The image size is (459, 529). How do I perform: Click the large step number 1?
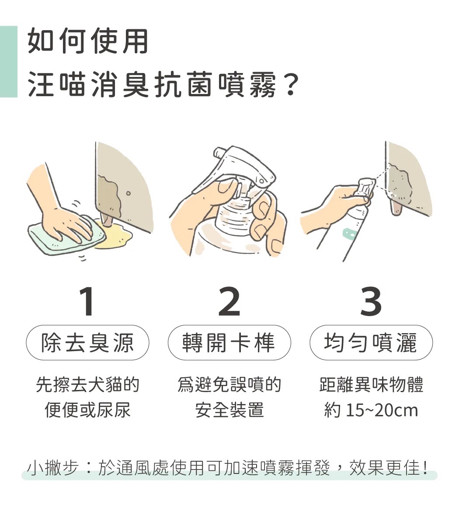click(x=88, y=302)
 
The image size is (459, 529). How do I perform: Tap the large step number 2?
click(x=229, y=302)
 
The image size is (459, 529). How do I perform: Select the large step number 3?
click(x=371, y=302)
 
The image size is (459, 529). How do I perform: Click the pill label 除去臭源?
click(x=87, y=342)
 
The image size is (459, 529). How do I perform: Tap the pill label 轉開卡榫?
click(x=229, y=342)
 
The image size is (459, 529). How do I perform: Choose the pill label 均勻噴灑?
click(x=371, y=342)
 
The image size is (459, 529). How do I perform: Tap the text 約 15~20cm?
click(x=371, y=411)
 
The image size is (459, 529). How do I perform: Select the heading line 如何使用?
click(x=88, y=42)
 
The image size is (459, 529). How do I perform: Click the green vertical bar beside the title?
click(x=8, y=61)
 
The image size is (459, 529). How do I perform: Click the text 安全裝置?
click(x=229, y=411)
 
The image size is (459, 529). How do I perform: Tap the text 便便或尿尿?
click(x=87, y=411)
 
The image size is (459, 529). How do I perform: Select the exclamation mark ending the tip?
click(x=425, y=467)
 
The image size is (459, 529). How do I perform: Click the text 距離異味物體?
click(x=371, y=385)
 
